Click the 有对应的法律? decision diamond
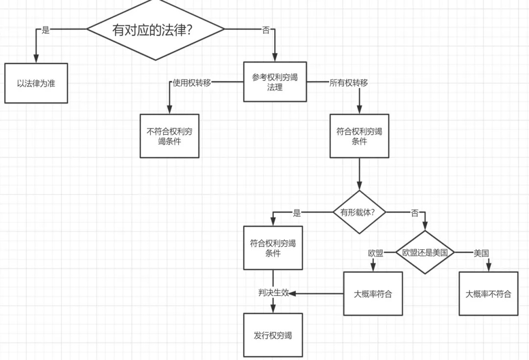[156, 30]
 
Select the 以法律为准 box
[36, 83]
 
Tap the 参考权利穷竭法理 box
[275, 82]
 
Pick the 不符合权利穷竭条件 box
[169, 136]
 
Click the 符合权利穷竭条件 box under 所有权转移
[359, 136]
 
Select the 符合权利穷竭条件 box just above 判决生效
[273, 248]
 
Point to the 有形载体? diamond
[359, 212]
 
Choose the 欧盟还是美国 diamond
[425, 253]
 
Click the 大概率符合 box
[373, 294]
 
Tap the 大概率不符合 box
[488, 294]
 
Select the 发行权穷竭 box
[273, 336]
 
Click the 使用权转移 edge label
[192, 83]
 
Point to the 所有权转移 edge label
[349, 83]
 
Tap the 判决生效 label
[273, 293]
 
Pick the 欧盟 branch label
[376, 253]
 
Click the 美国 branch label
[481, 253]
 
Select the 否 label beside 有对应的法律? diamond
[266, 30]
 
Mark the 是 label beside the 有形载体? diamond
[297, 213]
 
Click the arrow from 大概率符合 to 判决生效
[318, 294]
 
